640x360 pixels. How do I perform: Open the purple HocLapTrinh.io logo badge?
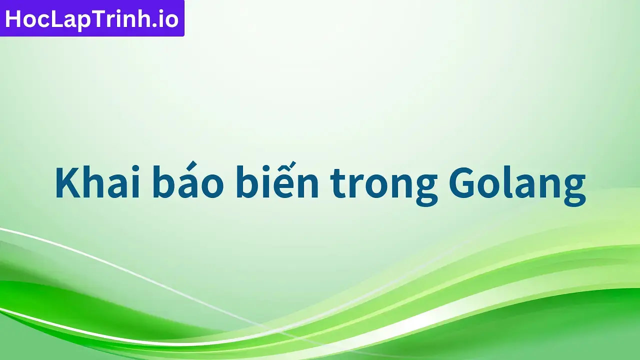click(92, 18)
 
